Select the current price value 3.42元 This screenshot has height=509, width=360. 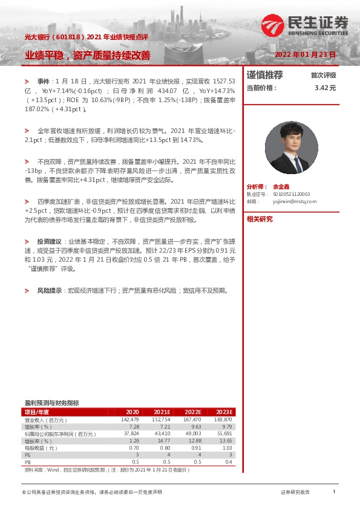[325, 88]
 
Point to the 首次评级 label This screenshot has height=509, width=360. [323, 76]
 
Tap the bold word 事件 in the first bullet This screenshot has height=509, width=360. [44, 80]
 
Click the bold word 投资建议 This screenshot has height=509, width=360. [50, 241]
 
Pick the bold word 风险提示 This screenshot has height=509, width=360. [50, 291]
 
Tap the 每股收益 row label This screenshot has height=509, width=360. [41, 448]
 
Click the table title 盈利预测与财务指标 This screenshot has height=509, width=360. [51, 403]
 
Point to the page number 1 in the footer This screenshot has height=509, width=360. [334, 493]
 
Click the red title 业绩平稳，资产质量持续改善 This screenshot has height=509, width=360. [88, 56]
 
